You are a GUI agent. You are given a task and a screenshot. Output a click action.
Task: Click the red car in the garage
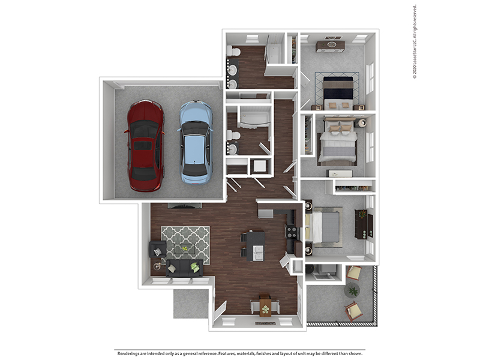pyautogui.click(x=145, y=146)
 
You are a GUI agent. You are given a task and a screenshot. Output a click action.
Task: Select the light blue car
pyautogui.click(x=195, y=142)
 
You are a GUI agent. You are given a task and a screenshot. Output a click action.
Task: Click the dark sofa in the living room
pyautogui.click(x=184, y=268)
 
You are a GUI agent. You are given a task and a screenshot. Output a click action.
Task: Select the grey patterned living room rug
pyautogui.click(x=185, y=244)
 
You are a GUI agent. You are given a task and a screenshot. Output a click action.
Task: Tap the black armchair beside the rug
pyautogui.click(x=157, y=248)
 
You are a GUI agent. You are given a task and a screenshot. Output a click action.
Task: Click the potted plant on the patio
pyautogui.click(x=353, y=291)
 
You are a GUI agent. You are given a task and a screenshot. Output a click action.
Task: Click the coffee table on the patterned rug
pyautogui.click(x=185, y=248)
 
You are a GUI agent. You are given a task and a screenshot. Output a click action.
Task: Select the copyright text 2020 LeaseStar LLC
pyautogui.click(x=414, y=43)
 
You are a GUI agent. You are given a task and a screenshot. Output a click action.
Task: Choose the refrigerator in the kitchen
pyautogui.click(x=265, y=211)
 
